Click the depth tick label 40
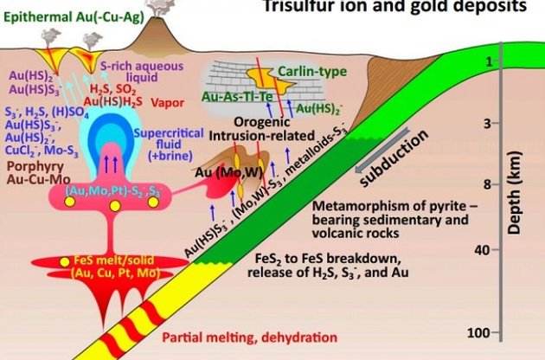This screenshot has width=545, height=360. [x=487, y=250]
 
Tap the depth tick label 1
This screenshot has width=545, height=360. [x=489, y=61]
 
